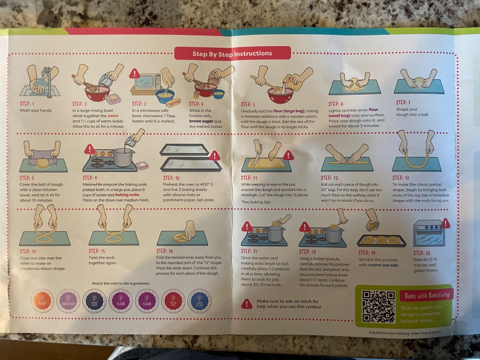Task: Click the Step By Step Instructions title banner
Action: (232, 54)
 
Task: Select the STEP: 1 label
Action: (27, 104)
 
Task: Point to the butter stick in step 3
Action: (173, 103)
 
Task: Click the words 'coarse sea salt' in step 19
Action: (383, 265)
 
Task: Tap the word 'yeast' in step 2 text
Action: (113, 116)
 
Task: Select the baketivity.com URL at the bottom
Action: (405, 332)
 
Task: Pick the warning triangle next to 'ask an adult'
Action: (246, 304)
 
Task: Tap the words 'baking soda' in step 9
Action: (127, 195)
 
